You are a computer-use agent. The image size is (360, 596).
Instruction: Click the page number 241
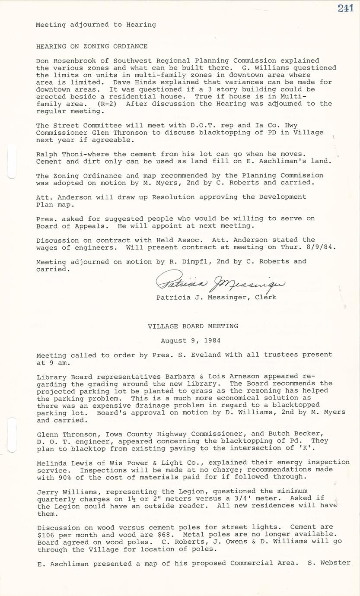click(345, 8)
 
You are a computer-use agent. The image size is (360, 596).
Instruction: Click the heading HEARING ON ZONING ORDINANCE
click(92, 46)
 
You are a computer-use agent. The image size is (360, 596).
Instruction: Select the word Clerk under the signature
click(266, 297)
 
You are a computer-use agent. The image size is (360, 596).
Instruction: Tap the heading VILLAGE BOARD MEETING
click(193, 326)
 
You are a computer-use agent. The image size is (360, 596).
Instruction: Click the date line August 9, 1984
click(191, 340)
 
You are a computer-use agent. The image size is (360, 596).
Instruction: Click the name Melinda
click(52, 463)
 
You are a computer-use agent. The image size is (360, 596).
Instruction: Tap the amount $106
click(45, 534)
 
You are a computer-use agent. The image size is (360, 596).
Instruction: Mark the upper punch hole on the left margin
click(12, 162)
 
